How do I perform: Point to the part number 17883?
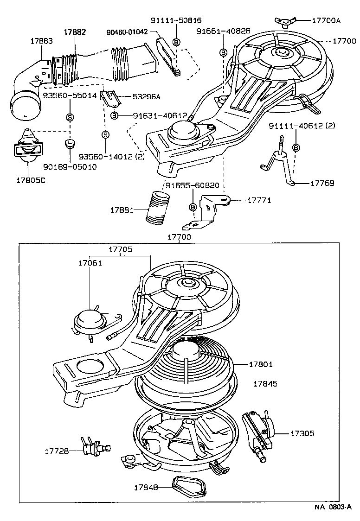[42, 41]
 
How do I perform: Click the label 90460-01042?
[127, 32]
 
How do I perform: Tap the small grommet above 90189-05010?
[70, 143]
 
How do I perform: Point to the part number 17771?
[259, 200]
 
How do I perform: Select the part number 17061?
[90, 263]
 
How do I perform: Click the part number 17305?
[302, 433]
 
